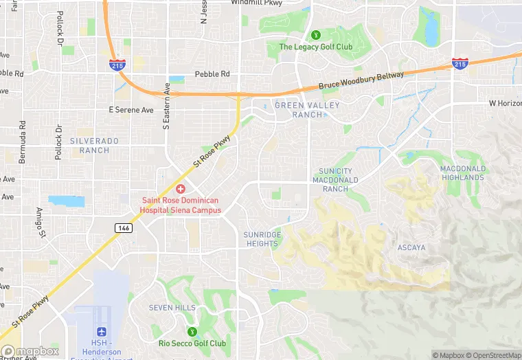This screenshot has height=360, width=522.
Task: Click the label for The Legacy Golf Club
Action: (315, 47)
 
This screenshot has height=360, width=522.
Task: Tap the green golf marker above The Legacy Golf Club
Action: (316, 34)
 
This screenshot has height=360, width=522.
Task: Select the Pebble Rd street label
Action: (212, 74)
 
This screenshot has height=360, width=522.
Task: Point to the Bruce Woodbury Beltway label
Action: (361, 81)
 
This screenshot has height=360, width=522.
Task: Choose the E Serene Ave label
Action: (132, 110)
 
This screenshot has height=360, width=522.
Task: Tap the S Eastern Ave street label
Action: (166, 106)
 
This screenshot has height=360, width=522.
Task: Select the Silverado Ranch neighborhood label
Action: (94, 145)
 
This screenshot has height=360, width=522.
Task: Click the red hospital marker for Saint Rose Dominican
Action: (181, 188)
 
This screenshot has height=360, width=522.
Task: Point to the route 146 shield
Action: (124, 228)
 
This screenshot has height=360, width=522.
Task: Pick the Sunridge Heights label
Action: (262, 239)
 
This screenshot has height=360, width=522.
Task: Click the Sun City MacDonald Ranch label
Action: (335, 180)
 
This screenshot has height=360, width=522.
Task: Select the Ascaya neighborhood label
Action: (412, 247)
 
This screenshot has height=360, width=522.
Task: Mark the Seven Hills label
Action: (172, 308)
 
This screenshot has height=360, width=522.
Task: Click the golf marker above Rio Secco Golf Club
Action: (192, 330)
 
